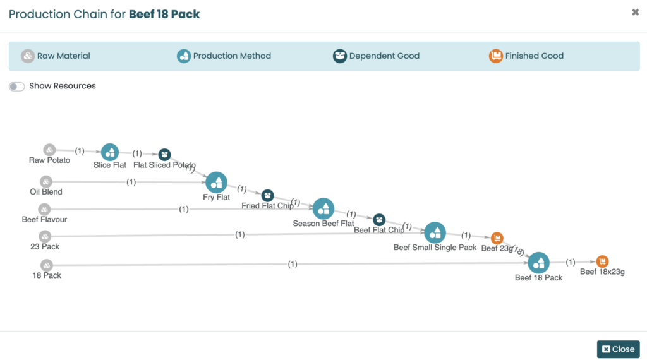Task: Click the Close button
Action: (x=618, y=349)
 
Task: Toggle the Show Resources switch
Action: (x=17, y=87)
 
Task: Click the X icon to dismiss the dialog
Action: (x=635, y=12)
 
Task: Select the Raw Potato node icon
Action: (x=49, y=150)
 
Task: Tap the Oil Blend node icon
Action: (x=46, y=182)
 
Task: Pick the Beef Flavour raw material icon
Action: (x=44, y=209)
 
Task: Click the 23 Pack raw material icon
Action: (x=45, y=236)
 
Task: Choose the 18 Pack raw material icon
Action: (x=47, y=265)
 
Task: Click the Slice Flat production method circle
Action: (x=110, y=152)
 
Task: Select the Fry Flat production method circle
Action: (x=216, y=183)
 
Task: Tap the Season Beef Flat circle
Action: (x=323, y=208)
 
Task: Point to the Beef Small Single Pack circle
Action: (x=435, y=233)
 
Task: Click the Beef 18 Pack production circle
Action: (x=538, y=263)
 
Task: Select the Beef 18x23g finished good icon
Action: (x=602, y=261)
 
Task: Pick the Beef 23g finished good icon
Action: (x=497, y=238)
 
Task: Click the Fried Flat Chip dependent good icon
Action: (x=267, y=195)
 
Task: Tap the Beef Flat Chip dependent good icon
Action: (x=379, y=220)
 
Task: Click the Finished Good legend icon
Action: (x=496, y=56)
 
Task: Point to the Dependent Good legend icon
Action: (x=340, y=56)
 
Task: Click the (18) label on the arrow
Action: (x=518, y=251)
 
